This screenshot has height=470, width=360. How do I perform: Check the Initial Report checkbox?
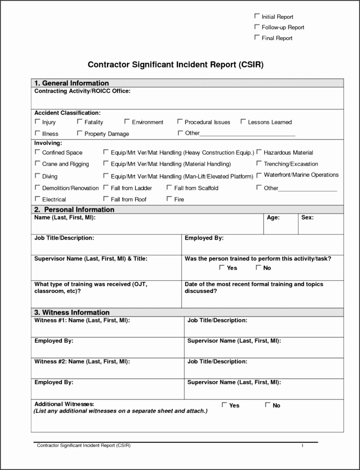(257, 16)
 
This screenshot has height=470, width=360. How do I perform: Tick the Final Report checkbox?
(257, 38)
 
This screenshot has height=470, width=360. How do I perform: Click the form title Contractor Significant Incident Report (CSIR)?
(176, 65)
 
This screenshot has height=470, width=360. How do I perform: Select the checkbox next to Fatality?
(80, 122)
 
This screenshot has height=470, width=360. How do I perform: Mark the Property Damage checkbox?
(80, 133)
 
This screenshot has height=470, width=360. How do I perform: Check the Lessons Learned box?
(243, 122)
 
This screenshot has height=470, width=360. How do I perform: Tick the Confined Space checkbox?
(38, 152)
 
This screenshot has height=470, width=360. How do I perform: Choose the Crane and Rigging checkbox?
(38, 163)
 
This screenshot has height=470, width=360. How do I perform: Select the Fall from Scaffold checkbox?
(169, 187)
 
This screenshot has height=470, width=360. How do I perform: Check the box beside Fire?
(169, 199)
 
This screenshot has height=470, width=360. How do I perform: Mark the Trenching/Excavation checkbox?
(259, 163)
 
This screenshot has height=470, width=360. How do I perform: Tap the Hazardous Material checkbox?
(259, 152)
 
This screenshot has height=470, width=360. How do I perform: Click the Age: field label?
(273, 218)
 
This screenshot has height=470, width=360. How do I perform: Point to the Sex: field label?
(308, 218)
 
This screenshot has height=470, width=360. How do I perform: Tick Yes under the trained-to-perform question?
(222, 267)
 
